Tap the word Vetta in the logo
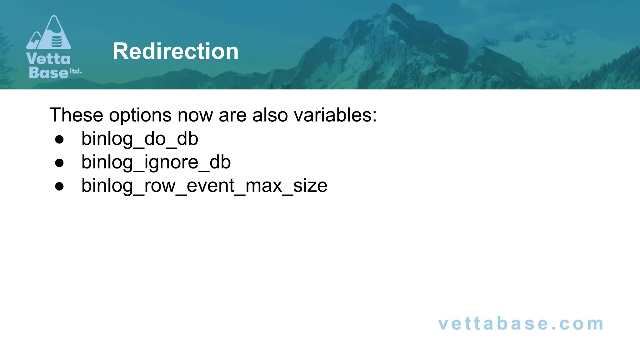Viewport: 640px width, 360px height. pyautogui.click(x=48, y=59)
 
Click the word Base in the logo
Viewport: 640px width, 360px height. pyautogui.click(x=48, y=72)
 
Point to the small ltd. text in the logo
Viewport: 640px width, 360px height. pyautogui.click(x=75, y=71)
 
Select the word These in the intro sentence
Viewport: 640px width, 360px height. pyautogui.click(x=76, y=115)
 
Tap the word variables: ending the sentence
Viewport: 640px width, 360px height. pyautogui.click(x=335, y=115)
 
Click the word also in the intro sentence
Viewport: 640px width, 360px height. pyautogui.click(x=270, y=115)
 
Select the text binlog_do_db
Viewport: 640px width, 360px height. pyautogui.click(x=140, y=139)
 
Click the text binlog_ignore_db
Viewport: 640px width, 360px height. pyautogui.click(x=156, y=162)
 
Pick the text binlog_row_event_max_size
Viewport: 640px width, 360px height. pyautogui.click(x=204, y=186)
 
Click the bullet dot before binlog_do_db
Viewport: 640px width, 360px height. pyautogui.click(x=59, y=139)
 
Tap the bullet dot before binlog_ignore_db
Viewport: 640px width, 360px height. pyautogui.click(x=59, y=163)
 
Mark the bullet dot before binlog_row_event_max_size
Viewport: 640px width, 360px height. pyautogui.click(x=59, y=186)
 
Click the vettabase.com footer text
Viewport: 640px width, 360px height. pyautogui.click(x=521, y=323)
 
